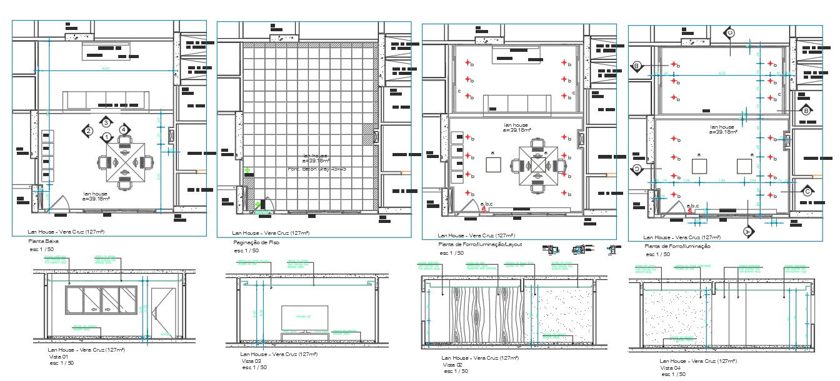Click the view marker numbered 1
pyautogui.click(x=107, y=137)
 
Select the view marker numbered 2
pyautogui.click(x=89, y=131)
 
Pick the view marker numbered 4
pyautogui.click(x=124, y=129)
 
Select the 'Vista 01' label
pyautogui.click(x=57, y=356)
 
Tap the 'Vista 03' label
pyautogui.click(x=251, y=361)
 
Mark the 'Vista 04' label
pyautogui.click(x=670, y=367)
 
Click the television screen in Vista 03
pyautogui.click(x=304, y=317)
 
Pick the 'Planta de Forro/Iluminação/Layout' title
pyautogui.click(x=479, y=245)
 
